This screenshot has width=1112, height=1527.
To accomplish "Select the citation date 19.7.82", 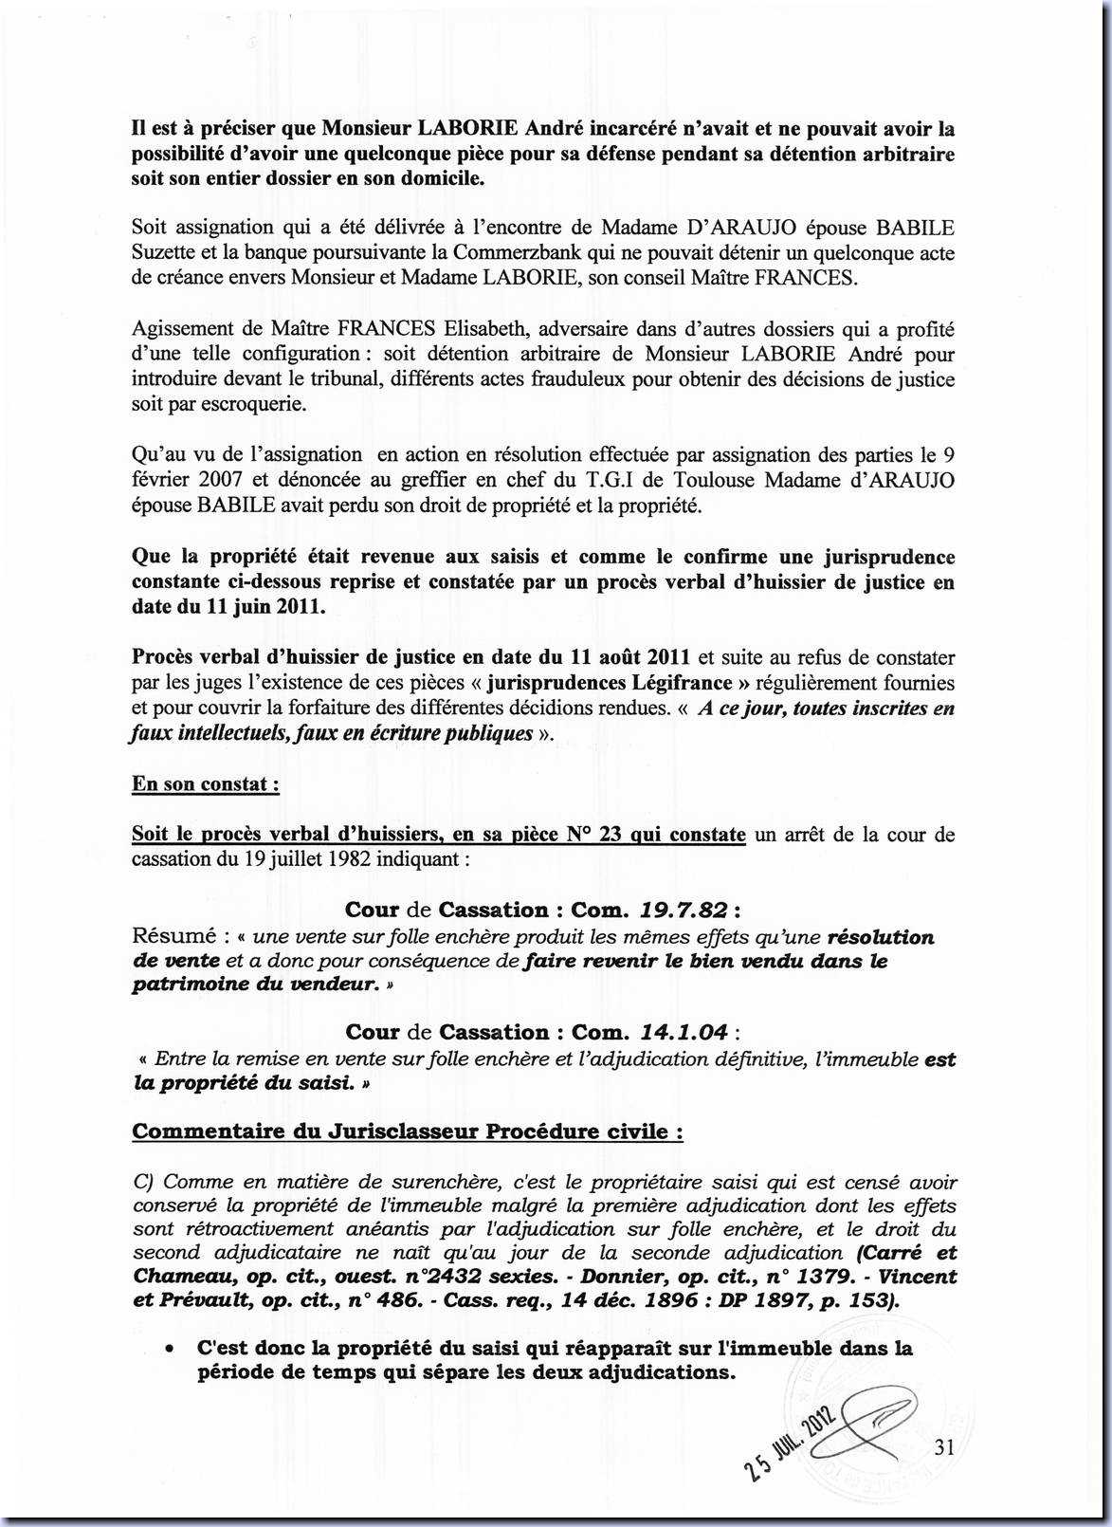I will [x=684, y=911].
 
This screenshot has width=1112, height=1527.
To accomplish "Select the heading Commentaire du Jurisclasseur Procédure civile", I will [x=408, y=1131].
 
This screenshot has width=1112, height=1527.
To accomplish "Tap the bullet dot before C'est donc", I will [x=169, y=1349].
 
